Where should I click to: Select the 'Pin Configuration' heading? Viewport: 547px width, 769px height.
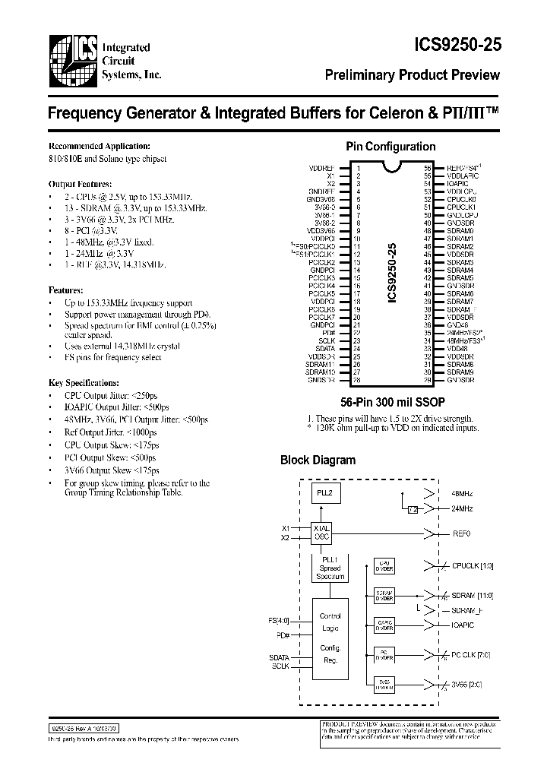(x=390, y=147)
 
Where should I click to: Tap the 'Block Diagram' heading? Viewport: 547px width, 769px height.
(x=318, y=460)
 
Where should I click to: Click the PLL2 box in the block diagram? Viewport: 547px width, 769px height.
(x=324, y=492)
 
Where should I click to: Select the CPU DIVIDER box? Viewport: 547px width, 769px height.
(x=383, y=567)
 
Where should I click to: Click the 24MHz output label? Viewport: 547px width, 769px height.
(x=462, y=508)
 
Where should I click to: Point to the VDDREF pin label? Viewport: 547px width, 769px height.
(x=323, y=167)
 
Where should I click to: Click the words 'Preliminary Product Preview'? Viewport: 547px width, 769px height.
(x=413, y=74)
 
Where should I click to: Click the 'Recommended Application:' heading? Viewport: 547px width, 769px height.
(x=100, y=146)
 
